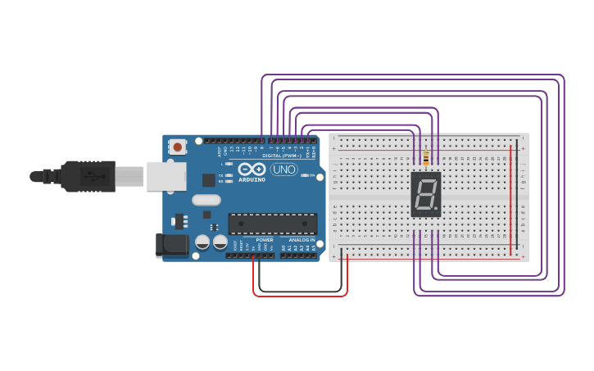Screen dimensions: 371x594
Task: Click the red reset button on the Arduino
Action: pyautogui.click(x=177, y=147)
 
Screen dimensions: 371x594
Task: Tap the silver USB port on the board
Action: pyautogui.click(x=166, y=176)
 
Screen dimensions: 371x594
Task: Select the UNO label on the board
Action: pyautogui.click(x=283, y=170)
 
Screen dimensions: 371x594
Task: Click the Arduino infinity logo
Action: pyautogui.click(x=252, y=169)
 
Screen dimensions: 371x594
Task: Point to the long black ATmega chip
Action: pyautogui.click(x=272, y=224)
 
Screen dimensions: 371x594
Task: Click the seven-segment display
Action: pyautogui.click(x=425, y=194)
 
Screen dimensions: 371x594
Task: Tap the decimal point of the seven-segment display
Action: pyautogui.click(x=436, y=208)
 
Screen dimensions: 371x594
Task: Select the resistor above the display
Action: pyautogui.click(x=426, y=157)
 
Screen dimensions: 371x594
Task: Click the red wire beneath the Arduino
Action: pyautogui.click(x=300, y=296)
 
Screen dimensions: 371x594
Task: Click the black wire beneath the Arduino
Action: pyautogui.click(x=300, y=291)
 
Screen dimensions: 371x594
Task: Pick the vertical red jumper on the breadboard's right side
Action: pyautogui.click(x=510, y=200)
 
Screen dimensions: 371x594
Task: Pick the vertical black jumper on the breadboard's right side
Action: pyautogui.click(x=517, y=200)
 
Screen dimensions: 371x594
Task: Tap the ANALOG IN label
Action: pyautogui.click(x=301, y=240)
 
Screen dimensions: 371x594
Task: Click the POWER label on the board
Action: pyautogui.click(x=264, y=240)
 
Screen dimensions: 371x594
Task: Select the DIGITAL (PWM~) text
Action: pyautogui.click(x=280, y=155)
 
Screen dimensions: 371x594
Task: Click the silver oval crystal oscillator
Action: pyautogui.click(x=206, y=200)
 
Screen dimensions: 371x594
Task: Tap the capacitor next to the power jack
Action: pyautogui.click(x=202, y=242)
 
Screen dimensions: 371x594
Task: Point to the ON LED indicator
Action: pyautogui.click(x=305, y=175)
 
